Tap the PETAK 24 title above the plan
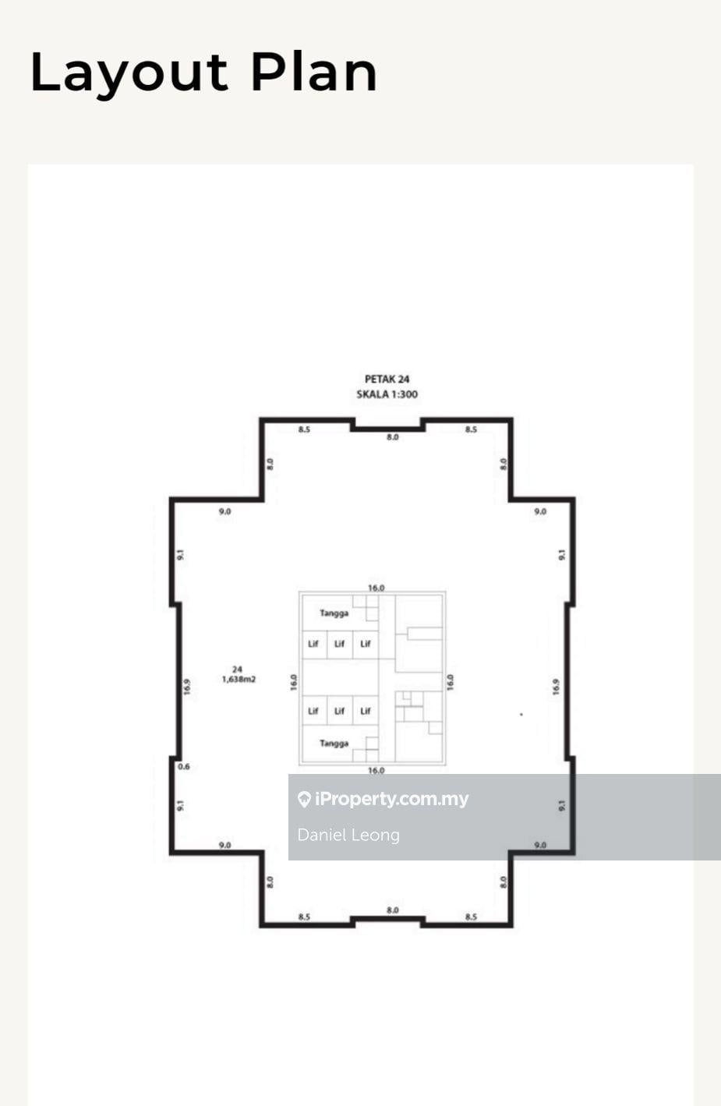point(387,380)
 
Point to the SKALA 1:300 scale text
point(387,394)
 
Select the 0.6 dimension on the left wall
point(184,767)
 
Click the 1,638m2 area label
point(239,680)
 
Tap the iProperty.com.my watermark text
point(391,799)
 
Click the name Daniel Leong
point(348,835)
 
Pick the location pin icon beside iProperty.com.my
point(304,799)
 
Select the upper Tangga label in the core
point(334,613)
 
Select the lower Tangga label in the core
point(334,744)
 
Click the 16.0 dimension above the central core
point(376,588)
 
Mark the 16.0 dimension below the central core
point(376,771)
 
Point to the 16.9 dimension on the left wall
point(187,687)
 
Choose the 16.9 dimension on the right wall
point(556,687)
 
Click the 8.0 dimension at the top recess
point(393,437)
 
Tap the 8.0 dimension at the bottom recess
point(393,910)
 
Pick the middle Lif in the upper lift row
point(339,644)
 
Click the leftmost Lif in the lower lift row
point(313,711)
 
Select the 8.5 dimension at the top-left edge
point(304,429)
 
